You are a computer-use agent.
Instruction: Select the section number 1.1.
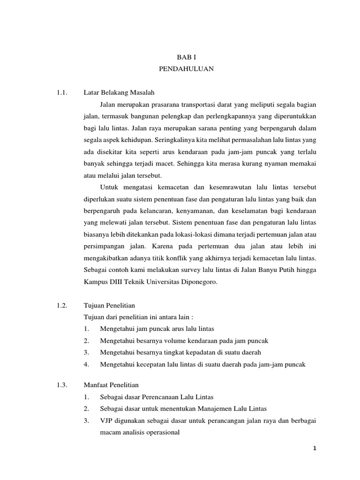62,91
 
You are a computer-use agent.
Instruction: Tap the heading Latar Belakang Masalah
113,91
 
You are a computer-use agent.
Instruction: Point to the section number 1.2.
62,305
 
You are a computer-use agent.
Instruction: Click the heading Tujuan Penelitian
108,305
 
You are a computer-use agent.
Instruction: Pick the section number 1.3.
62,386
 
